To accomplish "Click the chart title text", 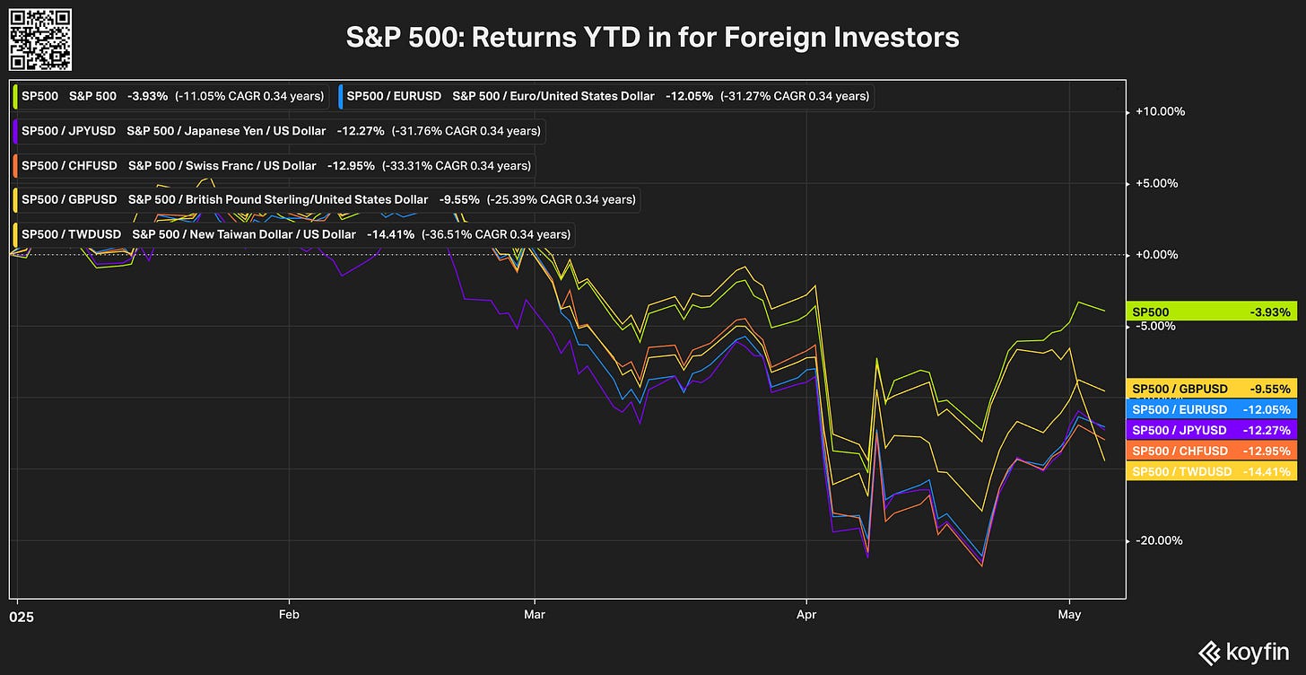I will tap(652, 38).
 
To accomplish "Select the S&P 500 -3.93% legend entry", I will tap(171, 96).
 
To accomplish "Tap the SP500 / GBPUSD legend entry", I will tap(326, 199).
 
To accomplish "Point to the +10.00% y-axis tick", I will tap(1160, 112).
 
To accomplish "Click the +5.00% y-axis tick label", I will tap(1160, 183).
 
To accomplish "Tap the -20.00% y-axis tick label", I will tap(1160, 540).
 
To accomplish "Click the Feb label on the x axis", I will tap(289, 615).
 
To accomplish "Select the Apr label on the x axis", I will tap(807, 615).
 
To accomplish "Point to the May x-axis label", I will tap(1069, 615).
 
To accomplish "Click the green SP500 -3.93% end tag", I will tap(1211, 312).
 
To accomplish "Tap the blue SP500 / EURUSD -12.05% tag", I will tap(1211, 409).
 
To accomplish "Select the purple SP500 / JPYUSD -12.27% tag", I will tap(1211, 430).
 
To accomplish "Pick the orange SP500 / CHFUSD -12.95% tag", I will tap(1211, 451).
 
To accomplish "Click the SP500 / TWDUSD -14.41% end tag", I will tap(1211, 471).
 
